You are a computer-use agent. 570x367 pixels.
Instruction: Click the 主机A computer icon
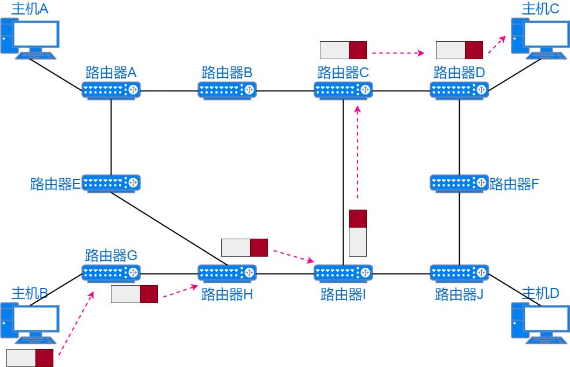(30, 38)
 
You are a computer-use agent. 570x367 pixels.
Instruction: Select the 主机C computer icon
(540, 38)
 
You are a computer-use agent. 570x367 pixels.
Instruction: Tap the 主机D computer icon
(540, 323)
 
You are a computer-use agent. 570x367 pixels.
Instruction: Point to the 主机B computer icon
(30, 323)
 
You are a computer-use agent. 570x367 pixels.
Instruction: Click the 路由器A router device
(111, 90)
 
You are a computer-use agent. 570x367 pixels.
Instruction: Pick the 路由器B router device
(227, 90)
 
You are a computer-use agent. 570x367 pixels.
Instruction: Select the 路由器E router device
(111, 183)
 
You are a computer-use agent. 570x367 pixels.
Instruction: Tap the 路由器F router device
(459, 183)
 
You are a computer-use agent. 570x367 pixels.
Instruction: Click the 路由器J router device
(459, 272)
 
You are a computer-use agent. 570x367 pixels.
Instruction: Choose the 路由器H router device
(227, 272)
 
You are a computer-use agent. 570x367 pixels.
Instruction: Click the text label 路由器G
(111, 256)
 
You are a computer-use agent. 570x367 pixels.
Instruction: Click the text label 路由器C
(343, 73)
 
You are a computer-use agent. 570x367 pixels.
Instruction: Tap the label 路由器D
(459, 73)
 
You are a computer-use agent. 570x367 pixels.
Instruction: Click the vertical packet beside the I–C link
(358, 233)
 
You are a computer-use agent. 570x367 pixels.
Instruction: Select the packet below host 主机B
(30, 358)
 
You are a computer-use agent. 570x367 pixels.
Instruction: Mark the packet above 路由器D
(459, 50)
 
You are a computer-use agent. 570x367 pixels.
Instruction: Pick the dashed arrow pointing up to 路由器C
(358, 154)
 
